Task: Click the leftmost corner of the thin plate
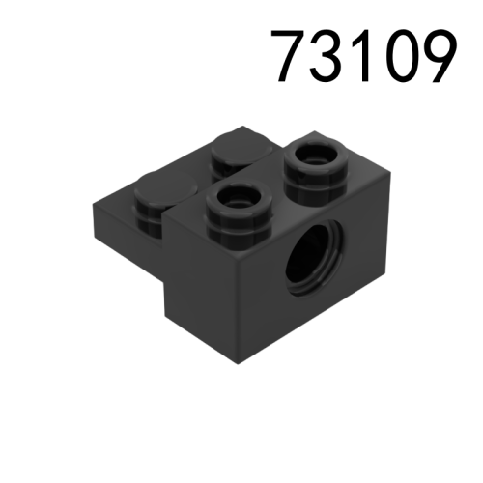pyautogui.click(x=91, y=201)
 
